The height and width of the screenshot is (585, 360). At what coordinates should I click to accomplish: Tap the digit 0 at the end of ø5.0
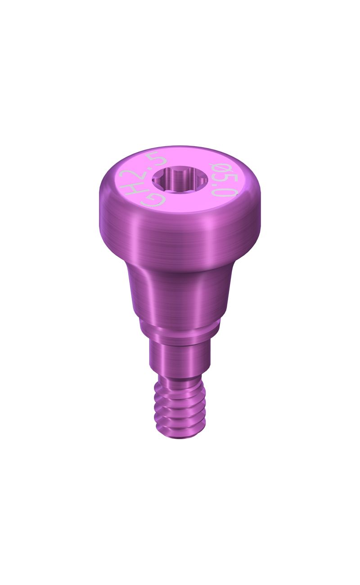tap(229, 194)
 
